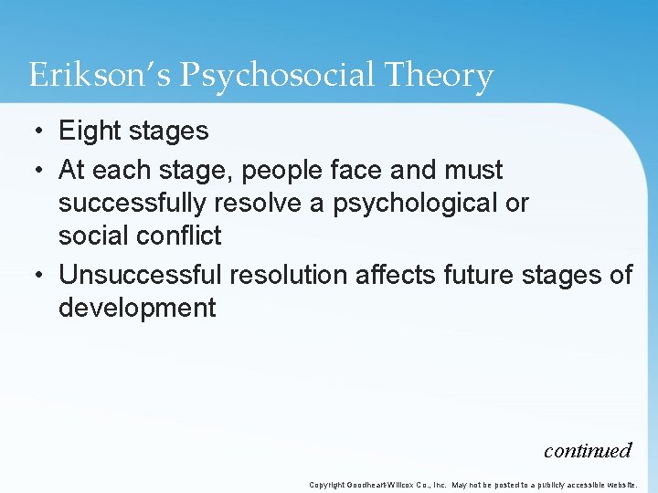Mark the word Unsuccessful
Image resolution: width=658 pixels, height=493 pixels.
pos(141,275)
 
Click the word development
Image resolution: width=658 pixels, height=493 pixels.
pos(137,309)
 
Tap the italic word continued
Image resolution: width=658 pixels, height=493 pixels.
pos(587,450)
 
